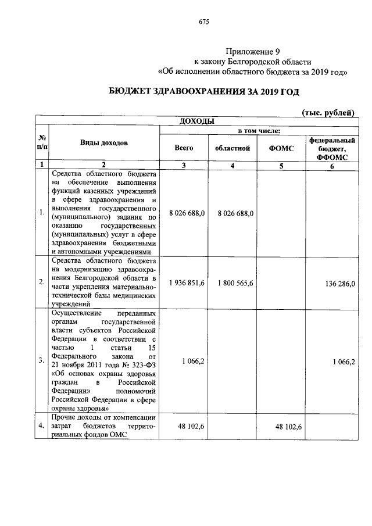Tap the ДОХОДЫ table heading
click(194, 121)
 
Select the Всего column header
click(184, 148)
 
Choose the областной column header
click(232, 148)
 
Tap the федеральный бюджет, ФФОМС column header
click(332, 148)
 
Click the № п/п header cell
click(42, 143)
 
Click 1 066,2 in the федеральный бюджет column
click(344, 361)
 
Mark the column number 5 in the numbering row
click(281, 165)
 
